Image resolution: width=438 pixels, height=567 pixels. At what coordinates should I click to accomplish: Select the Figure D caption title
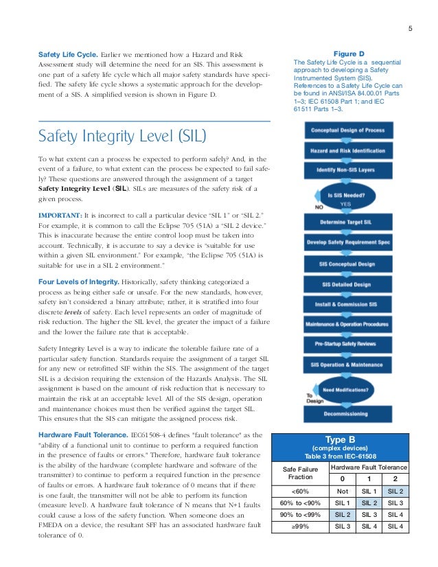pyautogui.click(x=349, y=53)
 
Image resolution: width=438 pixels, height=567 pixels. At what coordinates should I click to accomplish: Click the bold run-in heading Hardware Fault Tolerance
pyautogui.click(x=81, y=435)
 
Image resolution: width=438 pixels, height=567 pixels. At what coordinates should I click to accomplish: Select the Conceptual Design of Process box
pyautogui.click(x=348, y=130)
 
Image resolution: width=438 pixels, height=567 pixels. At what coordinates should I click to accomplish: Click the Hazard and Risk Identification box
pyautogui.click(x=348, y=150)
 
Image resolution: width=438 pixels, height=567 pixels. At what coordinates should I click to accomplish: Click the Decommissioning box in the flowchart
pyautogui.click(x=348, y=415)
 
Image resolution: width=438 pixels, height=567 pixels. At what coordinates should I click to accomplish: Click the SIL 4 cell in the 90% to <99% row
pyautogui.click(x=394, y=514)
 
